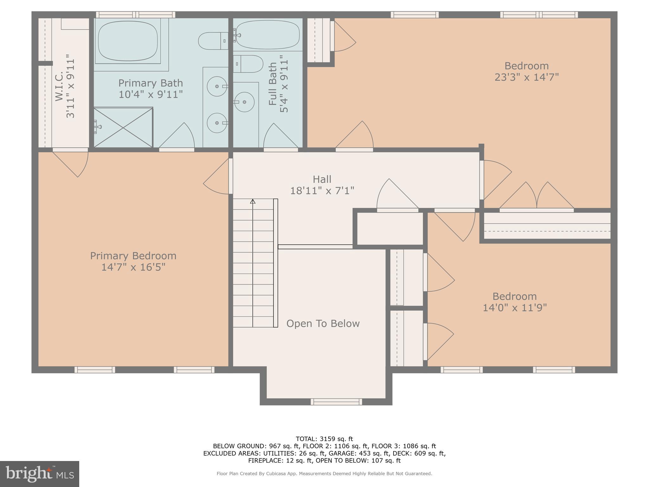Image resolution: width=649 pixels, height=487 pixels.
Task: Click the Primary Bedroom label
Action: [133, 256]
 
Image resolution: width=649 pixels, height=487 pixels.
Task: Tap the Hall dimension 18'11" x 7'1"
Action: [322, 191]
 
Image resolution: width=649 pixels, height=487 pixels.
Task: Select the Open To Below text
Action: [323, 324]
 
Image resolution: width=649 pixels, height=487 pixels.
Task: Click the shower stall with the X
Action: [123, 127]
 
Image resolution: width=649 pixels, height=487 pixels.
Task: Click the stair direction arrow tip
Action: [253, 201]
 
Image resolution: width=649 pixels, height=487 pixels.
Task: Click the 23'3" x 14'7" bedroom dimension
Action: [526, 77]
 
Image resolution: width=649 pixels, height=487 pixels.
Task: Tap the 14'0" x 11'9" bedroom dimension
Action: [515, 308]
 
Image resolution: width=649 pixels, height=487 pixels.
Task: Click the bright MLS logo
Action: [39, 474]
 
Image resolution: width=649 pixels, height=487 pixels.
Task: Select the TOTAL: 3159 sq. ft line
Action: [324, 439]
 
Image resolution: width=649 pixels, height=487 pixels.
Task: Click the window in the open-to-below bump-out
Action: [336, 402]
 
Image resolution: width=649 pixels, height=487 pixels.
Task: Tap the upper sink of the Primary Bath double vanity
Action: [217, 86]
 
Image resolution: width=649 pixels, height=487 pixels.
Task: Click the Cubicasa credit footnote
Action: [324, 474]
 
